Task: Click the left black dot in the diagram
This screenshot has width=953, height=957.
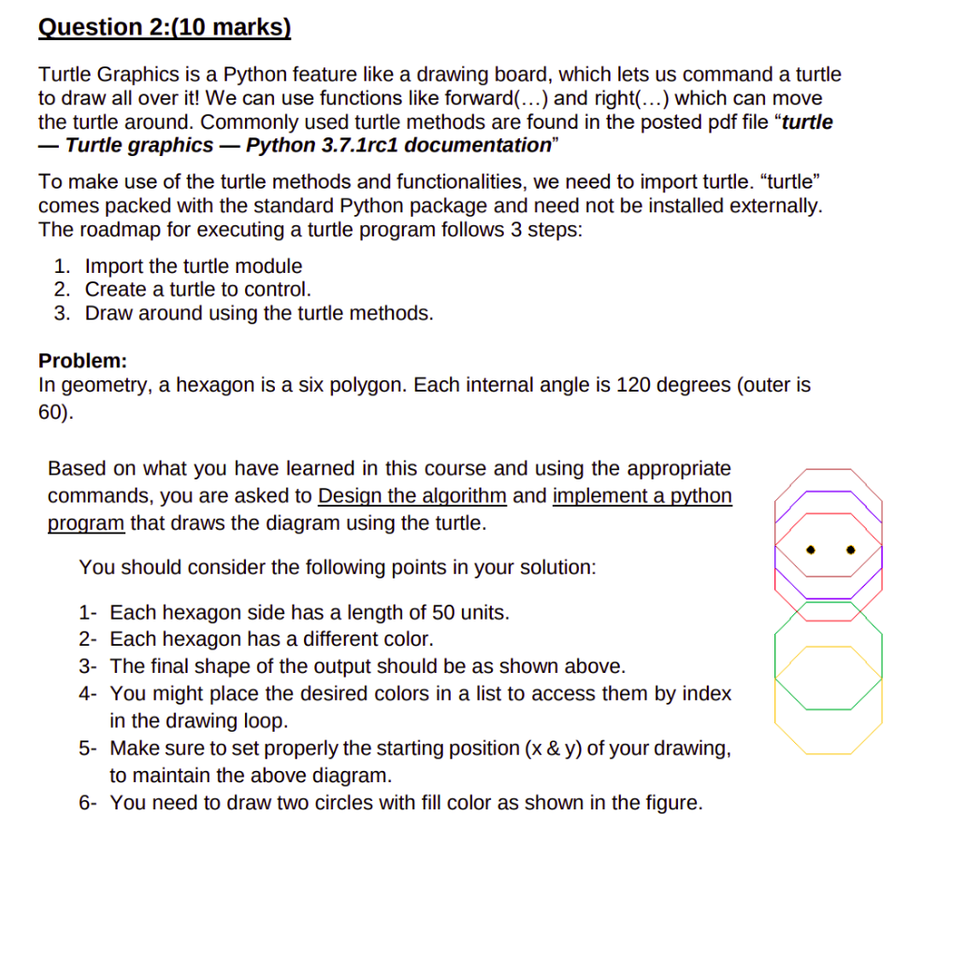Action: [x=811, y=549]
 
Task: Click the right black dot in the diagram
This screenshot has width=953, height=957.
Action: [x=851, y=549]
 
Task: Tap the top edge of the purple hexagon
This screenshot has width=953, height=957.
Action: [x=829, y=492]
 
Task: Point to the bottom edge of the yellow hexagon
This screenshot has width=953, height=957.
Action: [x=829, y=753]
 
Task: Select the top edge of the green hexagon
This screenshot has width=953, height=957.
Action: [x=829, y=603]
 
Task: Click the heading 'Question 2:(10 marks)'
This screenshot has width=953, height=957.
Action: [x=165, y=27]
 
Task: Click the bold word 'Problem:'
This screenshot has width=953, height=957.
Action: [x=82, y=361]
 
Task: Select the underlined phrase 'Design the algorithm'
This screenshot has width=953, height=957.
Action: [x=412, y=495]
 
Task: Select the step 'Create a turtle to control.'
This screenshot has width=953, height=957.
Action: [x=197, y=290]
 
